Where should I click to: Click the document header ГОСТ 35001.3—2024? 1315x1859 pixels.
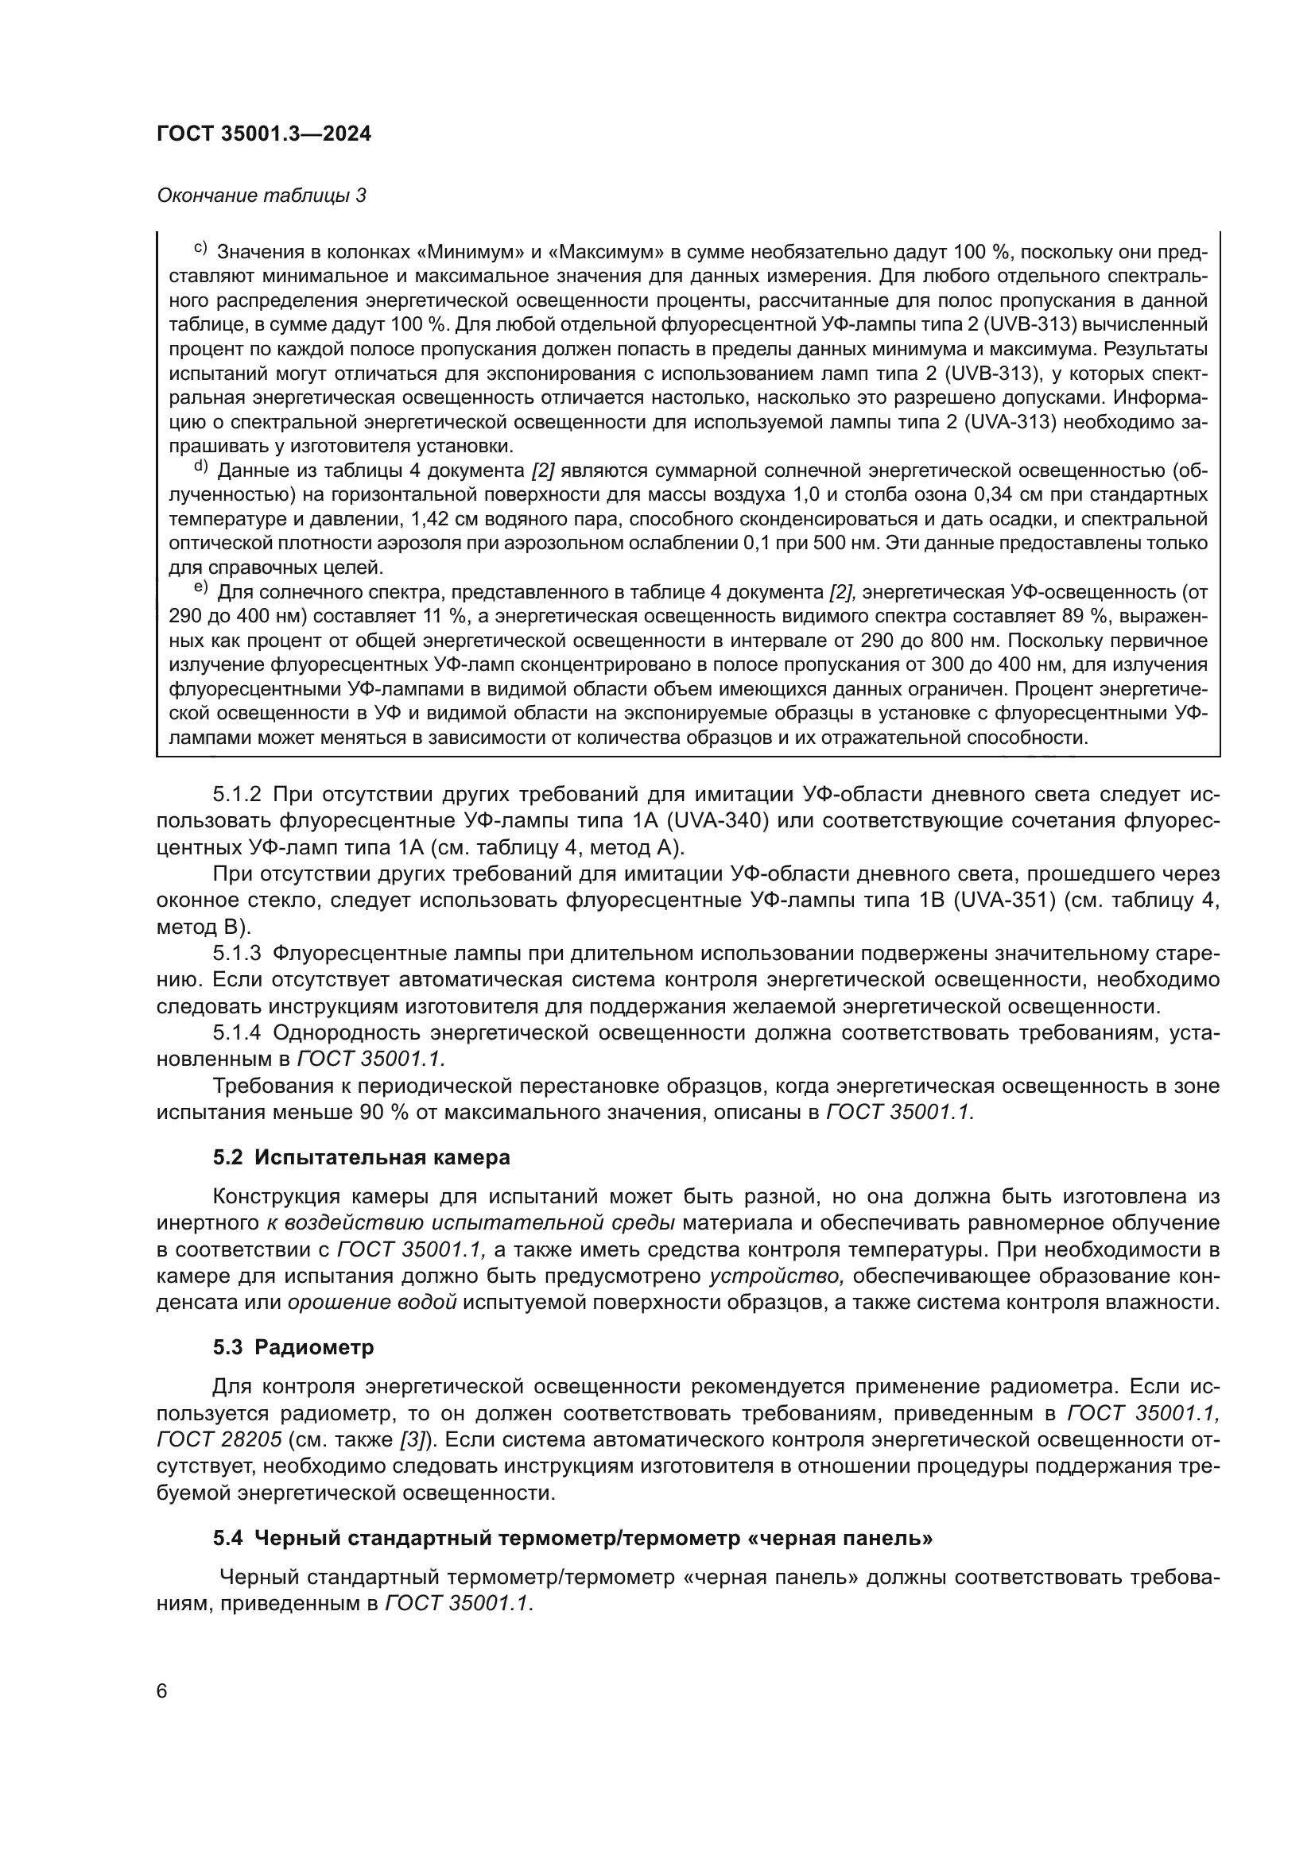point(264,134)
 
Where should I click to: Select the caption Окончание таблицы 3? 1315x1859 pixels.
point(261,196)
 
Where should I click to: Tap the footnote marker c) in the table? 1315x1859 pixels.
point(200,248)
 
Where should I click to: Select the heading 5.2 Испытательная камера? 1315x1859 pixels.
point(361,1158)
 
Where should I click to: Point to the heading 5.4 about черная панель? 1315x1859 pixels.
point(572,1539)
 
